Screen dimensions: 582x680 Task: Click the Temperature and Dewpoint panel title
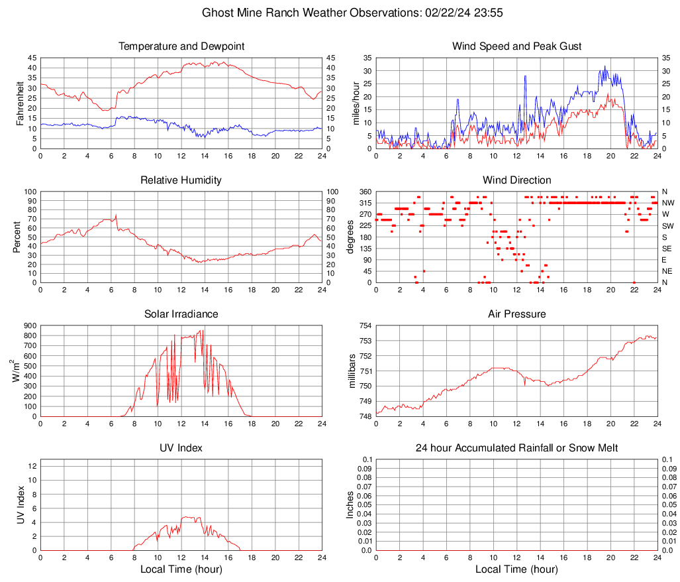181,46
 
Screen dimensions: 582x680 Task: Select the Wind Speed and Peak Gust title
516,46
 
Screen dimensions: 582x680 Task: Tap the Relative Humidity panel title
181,180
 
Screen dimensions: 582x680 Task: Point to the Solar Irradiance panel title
181,314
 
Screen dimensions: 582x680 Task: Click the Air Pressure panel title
516,314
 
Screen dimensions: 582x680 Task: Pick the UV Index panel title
181,447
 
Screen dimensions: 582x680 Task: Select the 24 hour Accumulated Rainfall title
516,448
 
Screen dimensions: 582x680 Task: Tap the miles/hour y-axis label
356,103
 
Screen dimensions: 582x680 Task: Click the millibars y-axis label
352,371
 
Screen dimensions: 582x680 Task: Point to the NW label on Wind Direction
668,203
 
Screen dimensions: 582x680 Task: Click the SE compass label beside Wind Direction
667,249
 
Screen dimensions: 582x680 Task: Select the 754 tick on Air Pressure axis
366,325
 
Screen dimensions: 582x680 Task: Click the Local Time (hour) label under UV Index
181,569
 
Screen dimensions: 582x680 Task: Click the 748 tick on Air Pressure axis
366,416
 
